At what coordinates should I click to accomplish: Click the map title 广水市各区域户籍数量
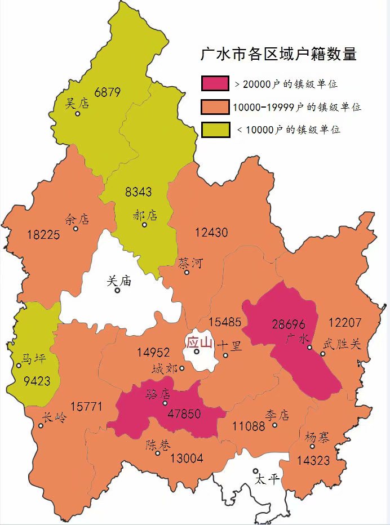point(279,54)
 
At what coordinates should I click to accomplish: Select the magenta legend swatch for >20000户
point(215,83)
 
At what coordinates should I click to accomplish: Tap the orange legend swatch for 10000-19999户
point(215,107)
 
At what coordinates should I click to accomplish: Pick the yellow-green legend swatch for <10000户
point(215,130)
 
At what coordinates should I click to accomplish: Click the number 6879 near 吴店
point(108,92)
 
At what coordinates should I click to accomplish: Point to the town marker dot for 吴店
point(78,114)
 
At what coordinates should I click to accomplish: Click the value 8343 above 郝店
point(138,192)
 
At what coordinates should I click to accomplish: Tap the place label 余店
point(77,219)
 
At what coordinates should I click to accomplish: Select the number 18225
point(43,235)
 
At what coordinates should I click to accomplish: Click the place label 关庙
point(119,280)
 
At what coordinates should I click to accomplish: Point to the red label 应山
point(199,342)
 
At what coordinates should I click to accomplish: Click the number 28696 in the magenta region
point(288,324)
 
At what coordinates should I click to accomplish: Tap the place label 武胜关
point(342,344)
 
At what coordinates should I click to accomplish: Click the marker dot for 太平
point(255,471)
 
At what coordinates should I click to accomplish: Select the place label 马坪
point(33,359)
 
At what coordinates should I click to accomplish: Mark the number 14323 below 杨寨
point(313,460)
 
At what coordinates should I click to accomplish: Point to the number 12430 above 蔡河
point(211,232)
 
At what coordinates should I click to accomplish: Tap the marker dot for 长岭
point(41,426)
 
